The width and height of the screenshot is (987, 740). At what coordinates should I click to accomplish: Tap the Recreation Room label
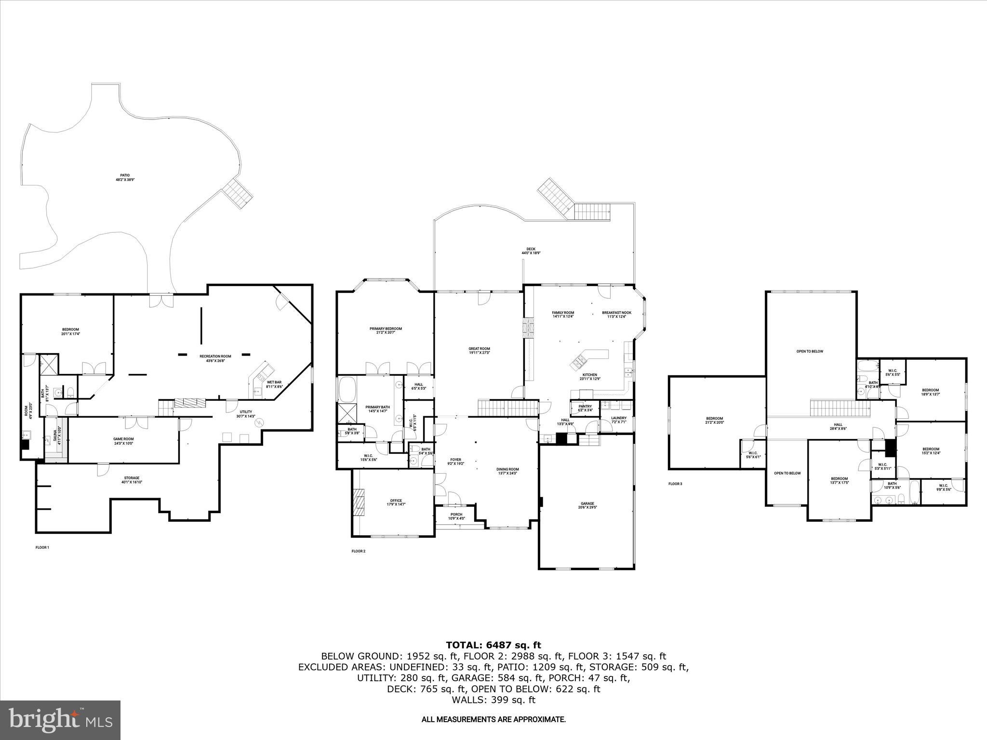(215, 358)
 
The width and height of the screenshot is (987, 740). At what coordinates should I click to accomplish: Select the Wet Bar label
(274, 384)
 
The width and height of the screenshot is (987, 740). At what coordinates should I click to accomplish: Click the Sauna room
(56, 436)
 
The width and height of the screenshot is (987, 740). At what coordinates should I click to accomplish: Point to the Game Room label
(123, 441)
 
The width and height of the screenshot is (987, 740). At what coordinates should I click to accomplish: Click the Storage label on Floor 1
(132, 480)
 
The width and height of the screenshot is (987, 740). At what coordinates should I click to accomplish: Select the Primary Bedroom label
(386, 331)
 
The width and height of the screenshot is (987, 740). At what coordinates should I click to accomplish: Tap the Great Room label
(479, 351)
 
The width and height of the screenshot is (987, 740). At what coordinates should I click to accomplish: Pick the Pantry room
(585, 408)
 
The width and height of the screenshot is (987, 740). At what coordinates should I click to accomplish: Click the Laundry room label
(618, 420)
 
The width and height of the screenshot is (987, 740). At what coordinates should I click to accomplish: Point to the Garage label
(587, 505)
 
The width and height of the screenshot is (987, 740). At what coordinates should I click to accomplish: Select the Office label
(396, 502)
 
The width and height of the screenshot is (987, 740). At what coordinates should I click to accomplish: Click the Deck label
(531, 251)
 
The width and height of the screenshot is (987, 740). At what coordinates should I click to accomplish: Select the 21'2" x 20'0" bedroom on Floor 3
(714, 420)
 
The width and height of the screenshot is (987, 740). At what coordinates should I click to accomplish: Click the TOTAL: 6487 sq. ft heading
(493, 645)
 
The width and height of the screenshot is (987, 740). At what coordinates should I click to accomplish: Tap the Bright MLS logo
(60, 720)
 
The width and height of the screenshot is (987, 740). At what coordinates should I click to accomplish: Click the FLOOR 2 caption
(358, 551)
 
